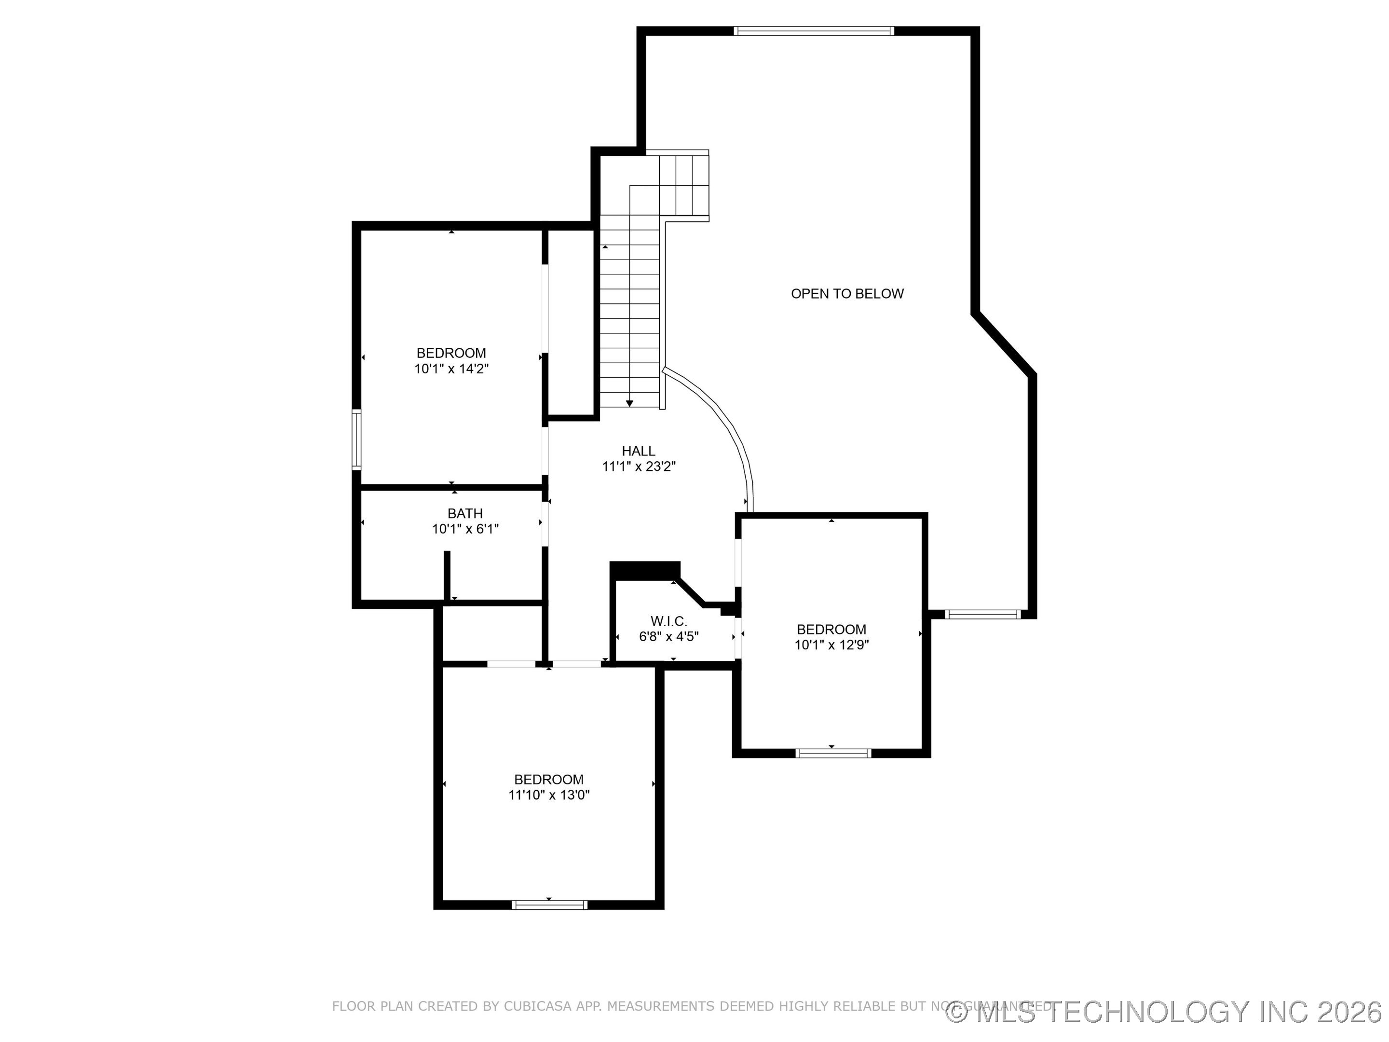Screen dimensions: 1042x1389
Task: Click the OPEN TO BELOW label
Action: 846,294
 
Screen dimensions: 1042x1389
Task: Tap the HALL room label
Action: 638,451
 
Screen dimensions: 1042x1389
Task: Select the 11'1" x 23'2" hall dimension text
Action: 638,466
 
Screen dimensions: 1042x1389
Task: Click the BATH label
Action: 464,514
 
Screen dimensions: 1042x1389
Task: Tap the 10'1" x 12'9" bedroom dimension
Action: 831,645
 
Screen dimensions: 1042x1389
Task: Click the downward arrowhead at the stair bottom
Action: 629,404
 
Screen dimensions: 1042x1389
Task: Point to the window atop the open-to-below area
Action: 813,30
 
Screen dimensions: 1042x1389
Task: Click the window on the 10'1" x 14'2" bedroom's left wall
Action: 356,439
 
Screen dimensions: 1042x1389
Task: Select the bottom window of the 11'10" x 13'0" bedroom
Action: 548,905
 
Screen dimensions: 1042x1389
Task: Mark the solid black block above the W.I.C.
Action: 644,570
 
